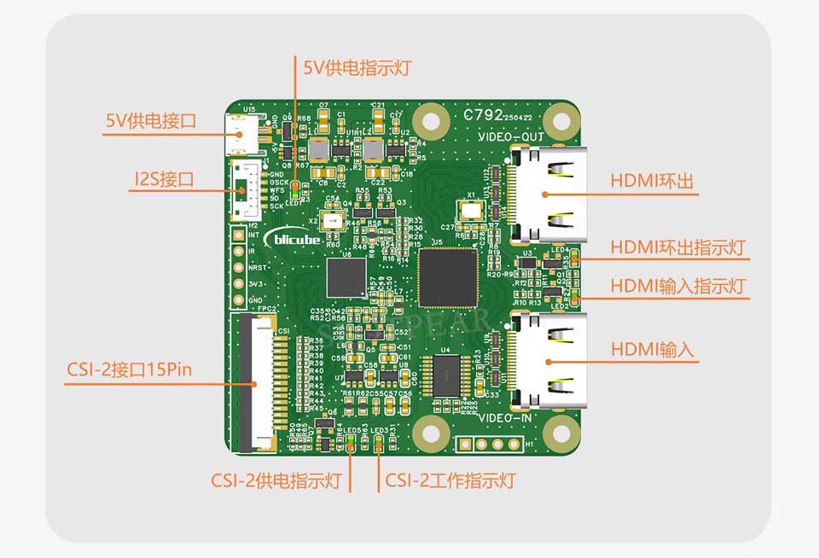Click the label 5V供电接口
pos(150,121)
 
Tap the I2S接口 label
pos(165,179)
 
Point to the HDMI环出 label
pos(651,182)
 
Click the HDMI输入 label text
pos(652,349)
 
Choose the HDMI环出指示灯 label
pos(678,247)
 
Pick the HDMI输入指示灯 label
pos(678,286)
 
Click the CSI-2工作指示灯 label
pos(450,480)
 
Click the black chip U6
pos(346,278)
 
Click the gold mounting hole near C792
pos(560,117)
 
